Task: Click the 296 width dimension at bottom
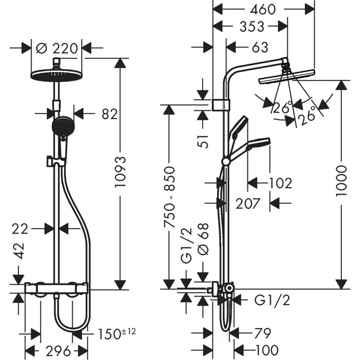pos(57,350)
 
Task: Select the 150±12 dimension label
pos(117,334)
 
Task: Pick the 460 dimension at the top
pos(265,9)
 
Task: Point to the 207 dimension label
pos(249,203)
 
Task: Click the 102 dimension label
pos(281,183)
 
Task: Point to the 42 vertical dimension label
pos(20,251)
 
